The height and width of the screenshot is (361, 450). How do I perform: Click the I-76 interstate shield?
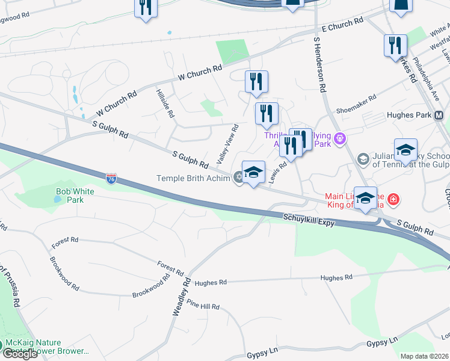point(111,179)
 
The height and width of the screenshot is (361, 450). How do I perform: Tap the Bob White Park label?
point(70,195)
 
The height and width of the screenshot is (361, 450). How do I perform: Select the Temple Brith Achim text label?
point(193,178)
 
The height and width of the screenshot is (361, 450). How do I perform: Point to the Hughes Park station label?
point(408,115)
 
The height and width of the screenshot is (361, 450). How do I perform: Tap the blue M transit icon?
point(439,115)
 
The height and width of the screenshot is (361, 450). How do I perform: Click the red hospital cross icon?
point(393,198)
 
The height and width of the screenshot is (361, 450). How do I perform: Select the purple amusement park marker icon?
point(340,139)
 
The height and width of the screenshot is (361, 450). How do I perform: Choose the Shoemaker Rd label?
point(356,104)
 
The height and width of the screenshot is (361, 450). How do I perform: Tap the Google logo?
point(20,354)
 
